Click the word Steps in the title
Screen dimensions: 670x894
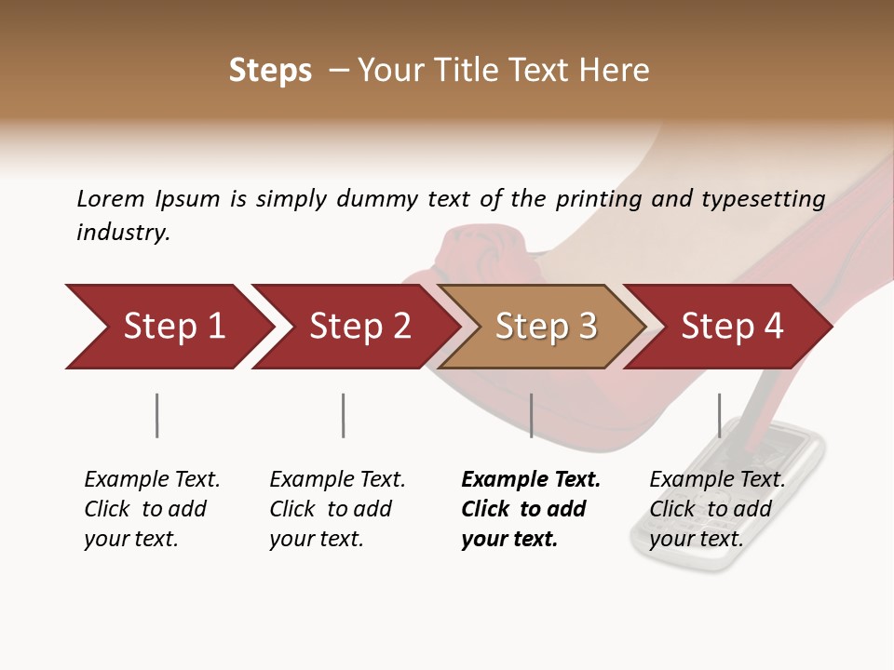click(270, 71)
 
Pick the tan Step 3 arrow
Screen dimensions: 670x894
click(545, 326)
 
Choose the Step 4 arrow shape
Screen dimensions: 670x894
click(731, 326)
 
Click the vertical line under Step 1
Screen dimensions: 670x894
click(156, 415)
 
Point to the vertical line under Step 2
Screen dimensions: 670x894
click(343, 415)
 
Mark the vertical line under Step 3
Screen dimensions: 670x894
click(531, 415)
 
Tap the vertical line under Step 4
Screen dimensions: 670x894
click(719, 415)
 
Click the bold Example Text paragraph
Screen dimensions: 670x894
click(529, 509)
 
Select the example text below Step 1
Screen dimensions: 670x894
click(151, 509)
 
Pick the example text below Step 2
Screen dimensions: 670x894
click(336, 509)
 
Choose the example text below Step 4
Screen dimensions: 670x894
click(716, 509)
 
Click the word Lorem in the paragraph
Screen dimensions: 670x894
click(111, 198)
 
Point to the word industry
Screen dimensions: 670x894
click(122, 233)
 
